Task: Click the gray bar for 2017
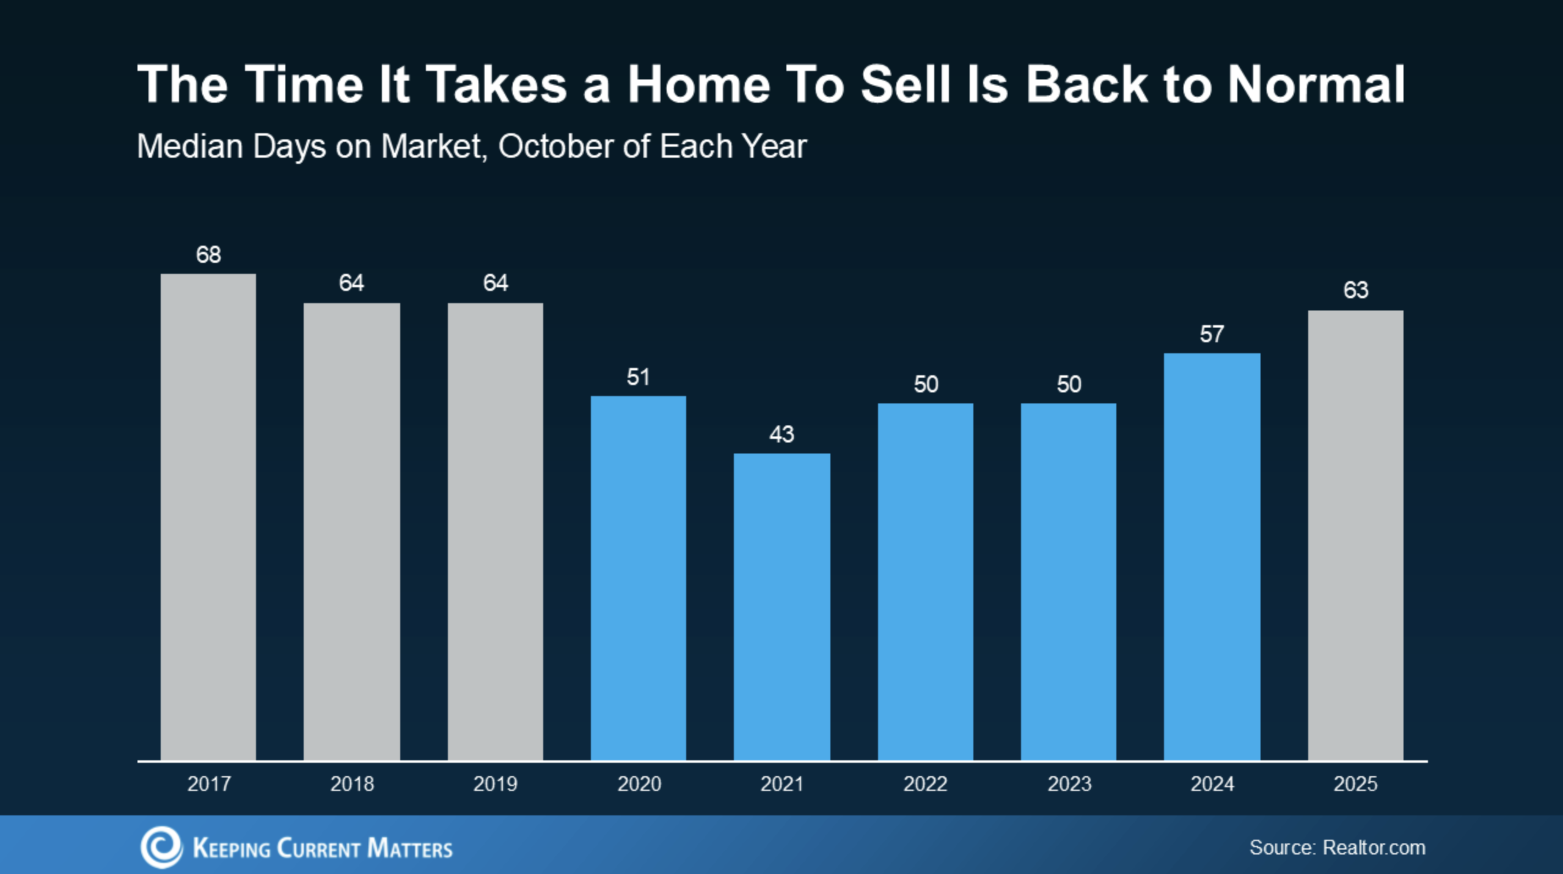208,517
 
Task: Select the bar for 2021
781,607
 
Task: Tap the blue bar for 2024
1212,557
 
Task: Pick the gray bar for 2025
1355,535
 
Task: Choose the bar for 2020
638,578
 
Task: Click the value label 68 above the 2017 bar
208,254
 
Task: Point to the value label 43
781,434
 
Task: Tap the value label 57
1212,334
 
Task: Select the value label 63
1355,290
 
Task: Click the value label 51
638,377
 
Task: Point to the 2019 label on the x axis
495,784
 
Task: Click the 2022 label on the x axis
925,784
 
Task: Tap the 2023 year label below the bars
1069,784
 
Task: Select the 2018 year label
352,784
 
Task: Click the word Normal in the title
1316,84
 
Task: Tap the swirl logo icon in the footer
161,847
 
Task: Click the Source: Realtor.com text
1337,848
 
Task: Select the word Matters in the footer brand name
410,848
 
